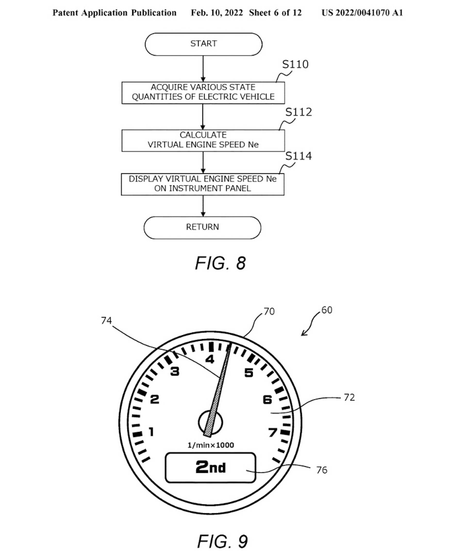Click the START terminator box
click(203, 44)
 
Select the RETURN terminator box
click(202, 227)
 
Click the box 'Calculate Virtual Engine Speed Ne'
click(203, 140)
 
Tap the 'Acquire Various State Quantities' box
click(203, 92)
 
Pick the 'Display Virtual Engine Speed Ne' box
click(202, 184)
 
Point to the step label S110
click(295, 64)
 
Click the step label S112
click(299, 112)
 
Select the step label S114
click(299, 156)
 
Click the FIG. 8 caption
click(220, 263)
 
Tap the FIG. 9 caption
click(222, 541)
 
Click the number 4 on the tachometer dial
click(210, 359)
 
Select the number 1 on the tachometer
click(151, 432)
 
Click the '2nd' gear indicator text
click(211, 467)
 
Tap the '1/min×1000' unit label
click(211, 445)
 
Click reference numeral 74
click(106, 321)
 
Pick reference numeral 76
click(322, 470)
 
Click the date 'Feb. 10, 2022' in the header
click(217, 13)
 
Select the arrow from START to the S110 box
click(203, 68)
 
